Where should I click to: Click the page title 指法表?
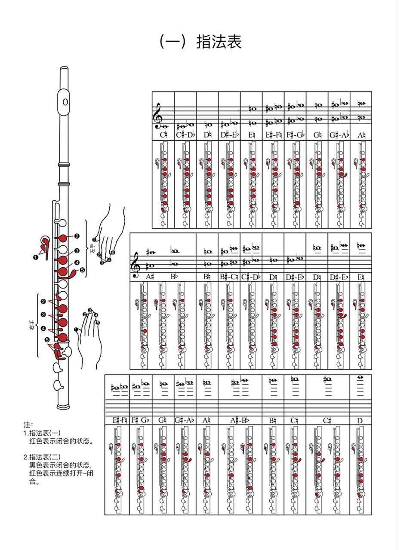pos(219,42)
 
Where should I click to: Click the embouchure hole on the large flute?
pos(65,102)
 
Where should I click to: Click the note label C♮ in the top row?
pos(163,135)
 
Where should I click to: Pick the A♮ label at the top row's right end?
pos(361,135)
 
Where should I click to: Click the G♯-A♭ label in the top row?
pos(339,135)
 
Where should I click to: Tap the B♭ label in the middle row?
pos(174,277)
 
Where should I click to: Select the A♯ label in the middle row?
pos(149,277)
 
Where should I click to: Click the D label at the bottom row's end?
pos(360,420)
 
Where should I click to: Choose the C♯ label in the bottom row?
pos(327,420)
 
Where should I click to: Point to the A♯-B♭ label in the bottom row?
pos(240,420)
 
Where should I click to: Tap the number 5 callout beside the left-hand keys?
pos(83,270)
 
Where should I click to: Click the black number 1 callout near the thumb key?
pos(35,257)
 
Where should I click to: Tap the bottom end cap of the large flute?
pos(63,406)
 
